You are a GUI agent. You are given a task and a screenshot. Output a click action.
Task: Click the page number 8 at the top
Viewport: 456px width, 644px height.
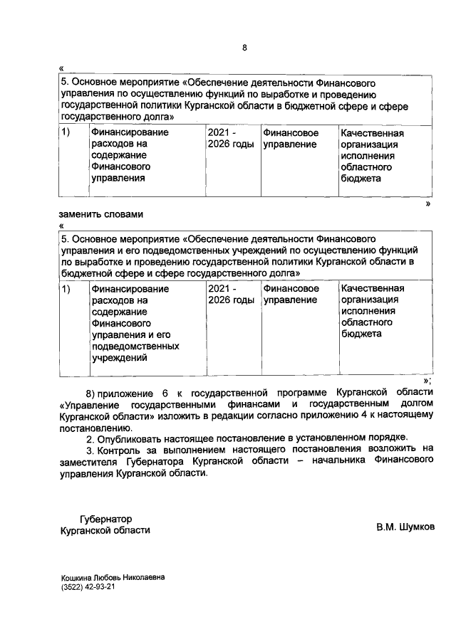245,48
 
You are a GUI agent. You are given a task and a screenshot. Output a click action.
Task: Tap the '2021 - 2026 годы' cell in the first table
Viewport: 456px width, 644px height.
229,139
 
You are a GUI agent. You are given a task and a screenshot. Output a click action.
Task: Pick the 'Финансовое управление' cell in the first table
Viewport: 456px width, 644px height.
291,139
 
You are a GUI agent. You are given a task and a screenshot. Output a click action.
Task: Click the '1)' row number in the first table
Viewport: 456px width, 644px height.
66,133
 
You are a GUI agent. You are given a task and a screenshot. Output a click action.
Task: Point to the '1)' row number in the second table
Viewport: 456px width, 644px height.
66,289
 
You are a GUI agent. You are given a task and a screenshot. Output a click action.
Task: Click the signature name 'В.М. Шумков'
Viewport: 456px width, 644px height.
405,529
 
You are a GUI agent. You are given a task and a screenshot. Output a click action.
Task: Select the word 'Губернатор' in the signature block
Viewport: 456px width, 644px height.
106,519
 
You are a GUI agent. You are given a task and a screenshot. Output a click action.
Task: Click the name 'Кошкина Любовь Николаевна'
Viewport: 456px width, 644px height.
113,578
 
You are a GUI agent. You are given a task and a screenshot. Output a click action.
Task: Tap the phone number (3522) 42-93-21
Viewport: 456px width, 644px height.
88,588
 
